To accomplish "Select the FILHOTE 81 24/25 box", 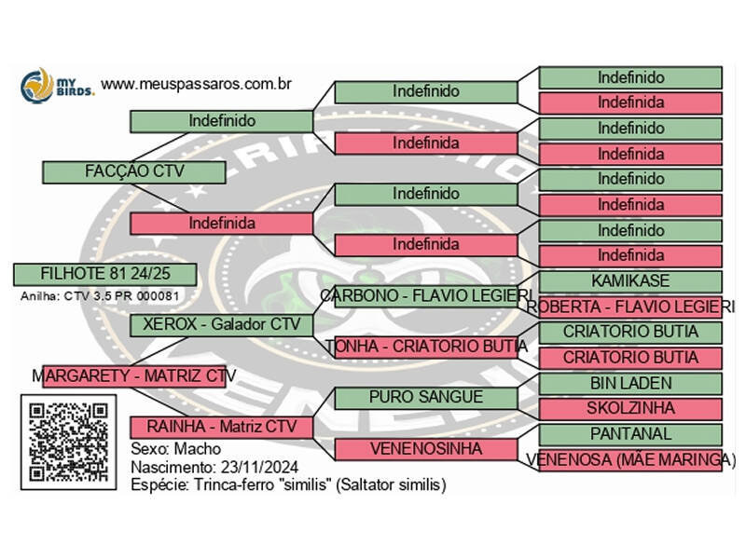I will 104,274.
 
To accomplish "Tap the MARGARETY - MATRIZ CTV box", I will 134,375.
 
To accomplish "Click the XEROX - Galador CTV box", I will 221,324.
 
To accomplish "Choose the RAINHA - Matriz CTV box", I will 221,427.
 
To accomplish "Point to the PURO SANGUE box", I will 425,397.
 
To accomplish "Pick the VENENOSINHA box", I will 425,449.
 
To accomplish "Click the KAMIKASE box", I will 630,280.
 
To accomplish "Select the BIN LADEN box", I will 630,383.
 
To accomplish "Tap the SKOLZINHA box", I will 630,408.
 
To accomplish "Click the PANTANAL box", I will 630,434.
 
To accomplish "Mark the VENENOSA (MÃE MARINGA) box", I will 630,459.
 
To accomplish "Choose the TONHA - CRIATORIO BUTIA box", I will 425,346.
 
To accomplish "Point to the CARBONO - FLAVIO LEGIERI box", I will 425,295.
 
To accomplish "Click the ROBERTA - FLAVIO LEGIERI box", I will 630,307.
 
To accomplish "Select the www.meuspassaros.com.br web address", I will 197,84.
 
